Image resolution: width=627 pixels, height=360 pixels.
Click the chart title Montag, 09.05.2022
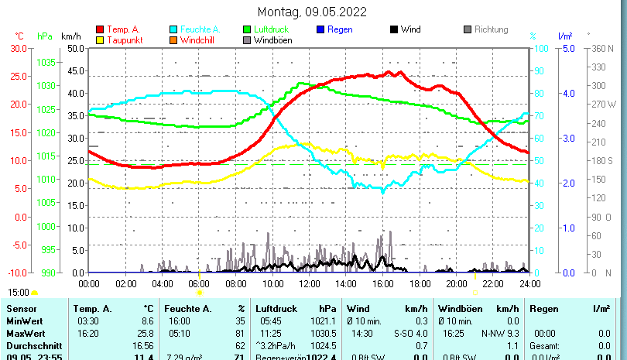click(x=312, y=12)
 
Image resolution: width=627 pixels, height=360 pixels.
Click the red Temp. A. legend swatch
click(x=100, y=29)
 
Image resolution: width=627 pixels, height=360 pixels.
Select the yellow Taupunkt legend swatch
click(x=100, y=39)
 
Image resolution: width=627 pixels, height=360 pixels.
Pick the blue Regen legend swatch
click(x=321, y=29)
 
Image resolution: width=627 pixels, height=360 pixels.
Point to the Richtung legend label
click(x=491, y=29)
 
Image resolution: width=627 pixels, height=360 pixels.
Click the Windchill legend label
click(x=199, y=39)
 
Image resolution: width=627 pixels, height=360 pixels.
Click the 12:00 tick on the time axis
click(x=309, y=284)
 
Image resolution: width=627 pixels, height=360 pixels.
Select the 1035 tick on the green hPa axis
click(x=46, y=62)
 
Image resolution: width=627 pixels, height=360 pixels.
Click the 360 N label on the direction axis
click(x=602, y=48)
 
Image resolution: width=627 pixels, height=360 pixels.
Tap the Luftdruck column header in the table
click(x=274, y=309)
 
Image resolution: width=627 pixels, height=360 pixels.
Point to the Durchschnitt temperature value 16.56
click(x=143, y=345)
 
